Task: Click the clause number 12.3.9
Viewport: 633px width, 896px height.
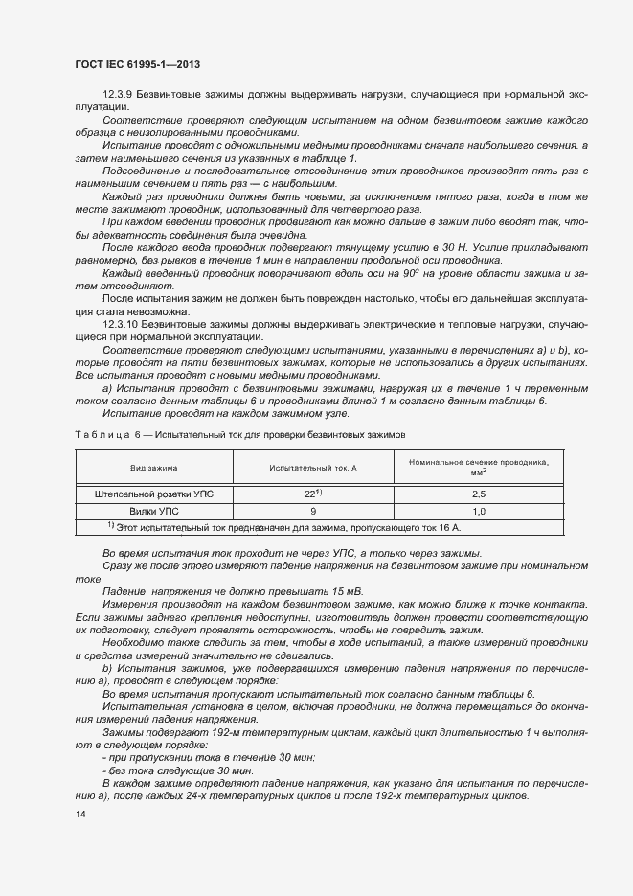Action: (x=118, y=96)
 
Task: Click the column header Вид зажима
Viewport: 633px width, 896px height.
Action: (x=154, y=468)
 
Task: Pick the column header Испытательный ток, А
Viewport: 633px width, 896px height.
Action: (x=313, y=468)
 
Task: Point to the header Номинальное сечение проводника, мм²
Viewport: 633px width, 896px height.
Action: (x=479, y=468)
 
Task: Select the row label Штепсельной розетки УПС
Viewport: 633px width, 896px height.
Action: (x=154, y=494)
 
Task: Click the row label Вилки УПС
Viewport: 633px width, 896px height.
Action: (x=154, y=512)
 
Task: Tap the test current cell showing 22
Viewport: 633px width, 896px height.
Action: (x=311, y=494)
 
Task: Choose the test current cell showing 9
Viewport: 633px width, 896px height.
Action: (x=313, y=512)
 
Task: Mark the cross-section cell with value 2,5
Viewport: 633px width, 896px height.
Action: (x=479, y=494)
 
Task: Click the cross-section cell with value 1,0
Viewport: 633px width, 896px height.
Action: (x=479, y=512)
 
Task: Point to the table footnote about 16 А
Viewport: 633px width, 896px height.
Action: (x=284, y=528)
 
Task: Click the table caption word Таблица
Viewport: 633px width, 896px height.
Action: (x=100, y=434)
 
